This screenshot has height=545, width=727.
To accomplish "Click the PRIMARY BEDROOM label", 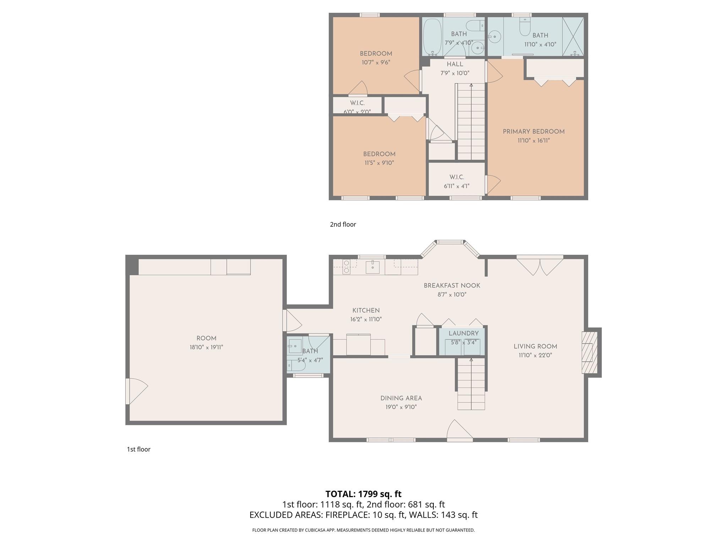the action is coord(534,132).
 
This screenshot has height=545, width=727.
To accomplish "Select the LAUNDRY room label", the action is coord(464,334).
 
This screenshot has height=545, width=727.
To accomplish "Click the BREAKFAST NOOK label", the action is coord(452,286).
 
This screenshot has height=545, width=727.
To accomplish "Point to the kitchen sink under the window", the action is coord(372,267).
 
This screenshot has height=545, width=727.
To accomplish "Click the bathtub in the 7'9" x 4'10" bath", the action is coord(432,37).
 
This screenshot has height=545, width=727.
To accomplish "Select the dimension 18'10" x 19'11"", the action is coord(206,347).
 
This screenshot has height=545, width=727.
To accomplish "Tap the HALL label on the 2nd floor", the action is coord(455,64).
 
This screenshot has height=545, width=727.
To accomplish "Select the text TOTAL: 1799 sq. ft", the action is coord(363,494).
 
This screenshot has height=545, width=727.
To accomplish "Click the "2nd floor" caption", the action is coord(343,224).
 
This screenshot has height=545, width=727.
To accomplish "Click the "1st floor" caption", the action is coord(138,449).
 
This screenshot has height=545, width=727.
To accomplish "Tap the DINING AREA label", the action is coord(401,398).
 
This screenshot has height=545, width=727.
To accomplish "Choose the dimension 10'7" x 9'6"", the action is coord(376,62).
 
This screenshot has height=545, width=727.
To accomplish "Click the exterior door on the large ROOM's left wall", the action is coord(135,391).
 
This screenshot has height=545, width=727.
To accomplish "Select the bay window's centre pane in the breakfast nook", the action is coord(450,242).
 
